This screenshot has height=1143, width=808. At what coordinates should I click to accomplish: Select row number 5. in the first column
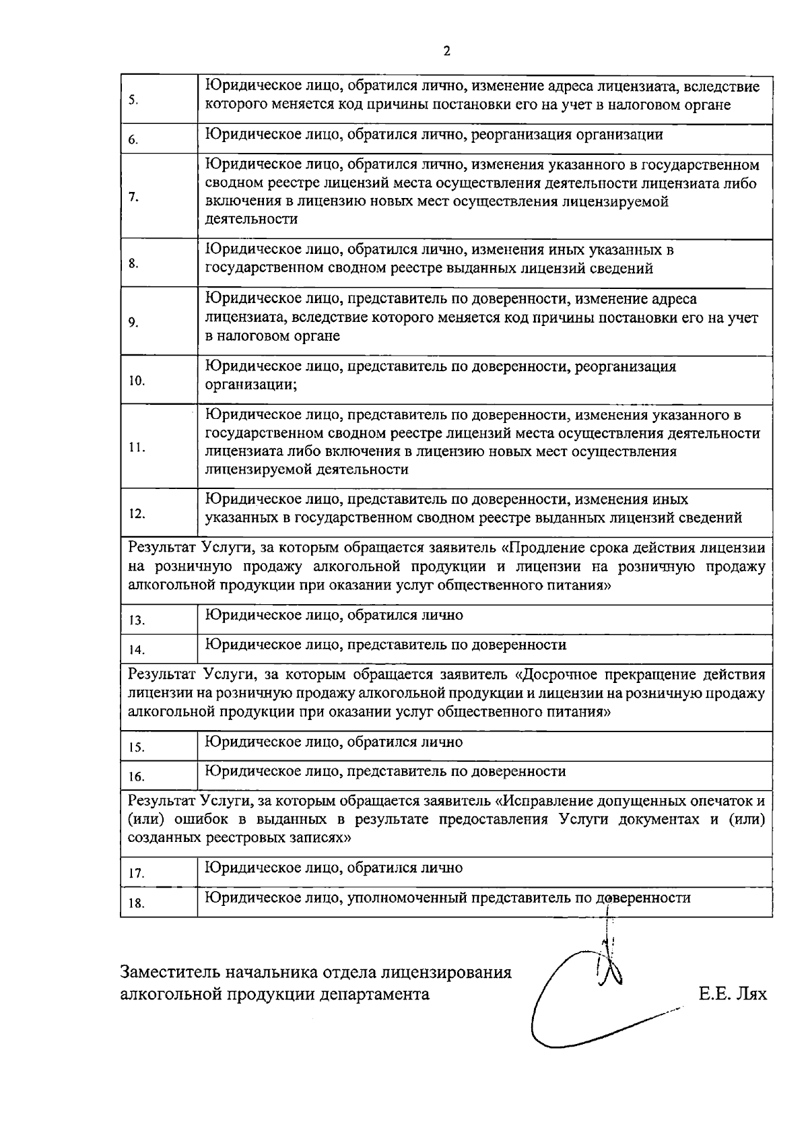[x=133, y=100]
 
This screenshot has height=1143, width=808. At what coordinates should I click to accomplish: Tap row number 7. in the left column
[x=133, y=197]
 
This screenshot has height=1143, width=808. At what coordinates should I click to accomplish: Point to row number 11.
[x=137, y=448]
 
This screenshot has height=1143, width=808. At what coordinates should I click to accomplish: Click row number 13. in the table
[x=137, y=620]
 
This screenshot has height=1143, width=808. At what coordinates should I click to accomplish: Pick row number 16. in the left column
[x=137, y=777]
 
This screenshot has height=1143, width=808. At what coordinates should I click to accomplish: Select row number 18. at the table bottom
[x=137, y=903]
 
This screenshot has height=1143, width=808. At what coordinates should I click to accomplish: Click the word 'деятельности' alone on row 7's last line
[x=251, y=220]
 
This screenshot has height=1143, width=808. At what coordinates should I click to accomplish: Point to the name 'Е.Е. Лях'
[x=733, y=993]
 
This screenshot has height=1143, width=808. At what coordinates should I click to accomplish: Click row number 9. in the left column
[x=133, y=323]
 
